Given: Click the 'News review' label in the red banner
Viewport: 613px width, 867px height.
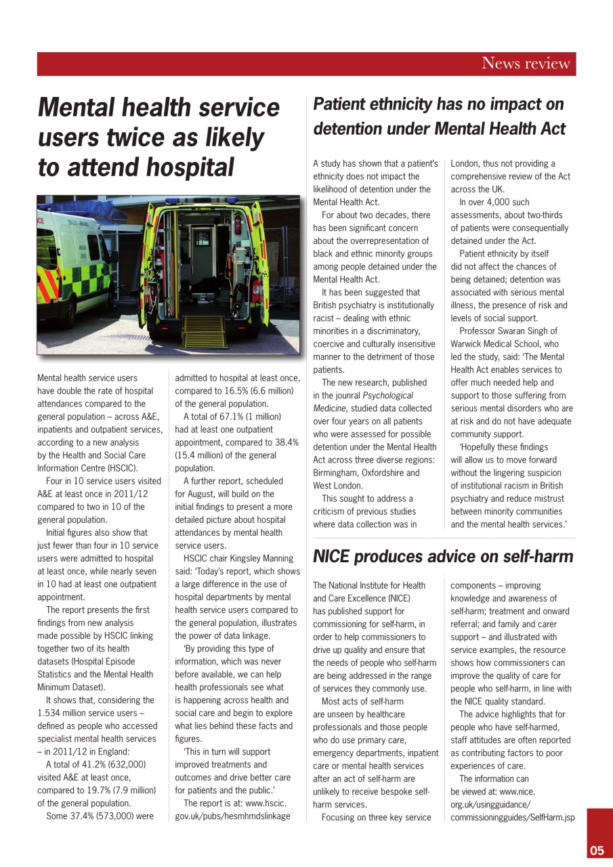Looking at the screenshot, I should tap(526, 64).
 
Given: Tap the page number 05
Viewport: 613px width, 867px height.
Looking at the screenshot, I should tap(596, 851).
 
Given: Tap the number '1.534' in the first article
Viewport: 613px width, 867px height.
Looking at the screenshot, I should tap(50, 713).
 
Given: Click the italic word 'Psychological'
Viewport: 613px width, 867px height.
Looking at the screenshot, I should tap(388, 396).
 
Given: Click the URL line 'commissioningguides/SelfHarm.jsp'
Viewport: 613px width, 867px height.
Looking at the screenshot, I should tap(513, 818).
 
